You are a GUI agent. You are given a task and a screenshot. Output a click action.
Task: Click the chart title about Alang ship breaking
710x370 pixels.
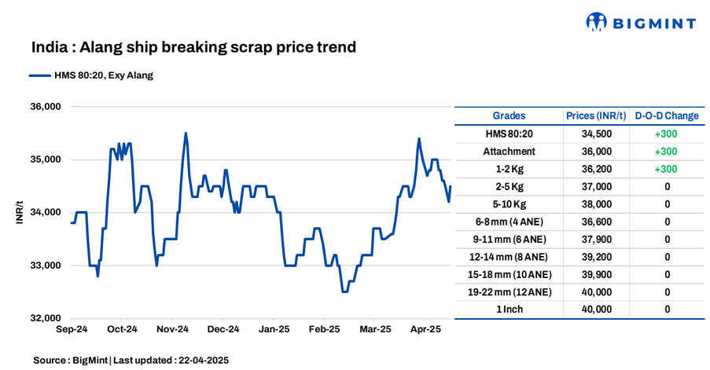coord(193,47)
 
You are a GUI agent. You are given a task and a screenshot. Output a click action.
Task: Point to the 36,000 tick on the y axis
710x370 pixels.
coord(44,107)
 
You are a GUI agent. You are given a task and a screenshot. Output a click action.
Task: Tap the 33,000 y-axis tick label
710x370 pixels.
coord(44,266)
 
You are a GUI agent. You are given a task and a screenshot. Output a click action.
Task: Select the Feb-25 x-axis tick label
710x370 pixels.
coord(324,329)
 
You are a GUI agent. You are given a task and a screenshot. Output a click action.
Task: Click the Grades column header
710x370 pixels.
coord(509,116)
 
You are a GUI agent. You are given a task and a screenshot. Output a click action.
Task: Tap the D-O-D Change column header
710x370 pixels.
coord(666,116)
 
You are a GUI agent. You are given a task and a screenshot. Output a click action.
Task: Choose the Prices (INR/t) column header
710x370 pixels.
coord(596,116)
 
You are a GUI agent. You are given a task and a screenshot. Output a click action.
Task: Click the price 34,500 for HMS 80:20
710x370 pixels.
coord(596,134)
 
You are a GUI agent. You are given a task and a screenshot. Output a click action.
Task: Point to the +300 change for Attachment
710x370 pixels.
coord(666,152)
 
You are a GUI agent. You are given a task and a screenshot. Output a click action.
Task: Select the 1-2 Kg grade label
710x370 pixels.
coord(509,169)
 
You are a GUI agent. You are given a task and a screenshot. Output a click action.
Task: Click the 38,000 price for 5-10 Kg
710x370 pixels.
coord(596,204)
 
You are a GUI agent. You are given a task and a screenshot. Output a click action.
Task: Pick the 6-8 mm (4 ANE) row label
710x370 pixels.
coord(509,222)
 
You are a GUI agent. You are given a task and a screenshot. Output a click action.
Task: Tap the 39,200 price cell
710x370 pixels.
coord(596,257)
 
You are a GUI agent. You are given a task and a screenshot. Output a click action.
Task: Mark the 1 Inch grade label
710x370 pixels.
coord(509,310)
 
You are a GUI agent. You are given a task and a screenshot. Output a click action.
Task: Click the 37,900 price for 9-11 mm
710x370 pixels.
coord(596,240)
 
